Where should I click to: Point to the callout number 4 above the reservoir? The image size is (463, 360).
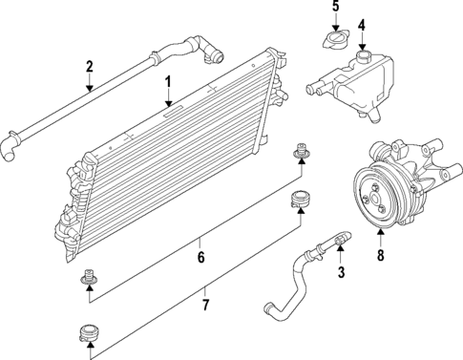click(361, 24)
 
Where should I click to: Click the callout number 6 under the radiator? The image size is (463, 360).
click(200, 256)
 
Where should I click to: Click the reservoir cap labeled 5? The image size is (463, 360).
click(335, 43)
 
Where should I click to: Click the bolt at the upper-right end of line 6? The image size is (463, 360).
click(301, 151)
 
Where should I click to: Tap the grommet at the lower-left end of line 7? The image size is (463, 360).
click(90, 333)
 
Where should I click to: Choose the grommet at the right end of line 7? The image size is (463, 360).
click(302, 198)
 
